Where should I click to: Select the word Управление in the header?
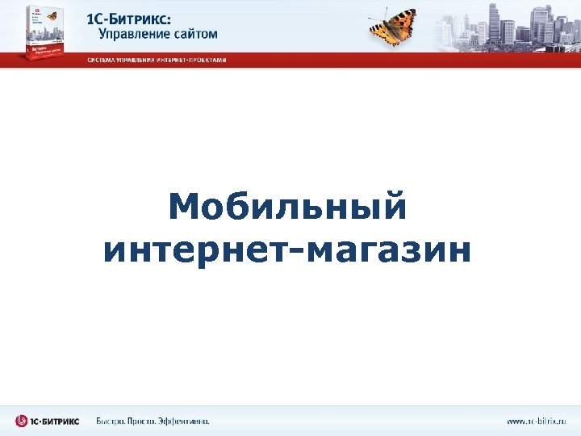click(132, 35)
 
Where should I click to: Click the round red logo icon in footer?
click(22, 421)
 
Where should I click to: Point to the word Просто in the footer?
click(152, 421)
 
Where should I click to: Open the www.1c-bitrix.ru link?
click(537, 421)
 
